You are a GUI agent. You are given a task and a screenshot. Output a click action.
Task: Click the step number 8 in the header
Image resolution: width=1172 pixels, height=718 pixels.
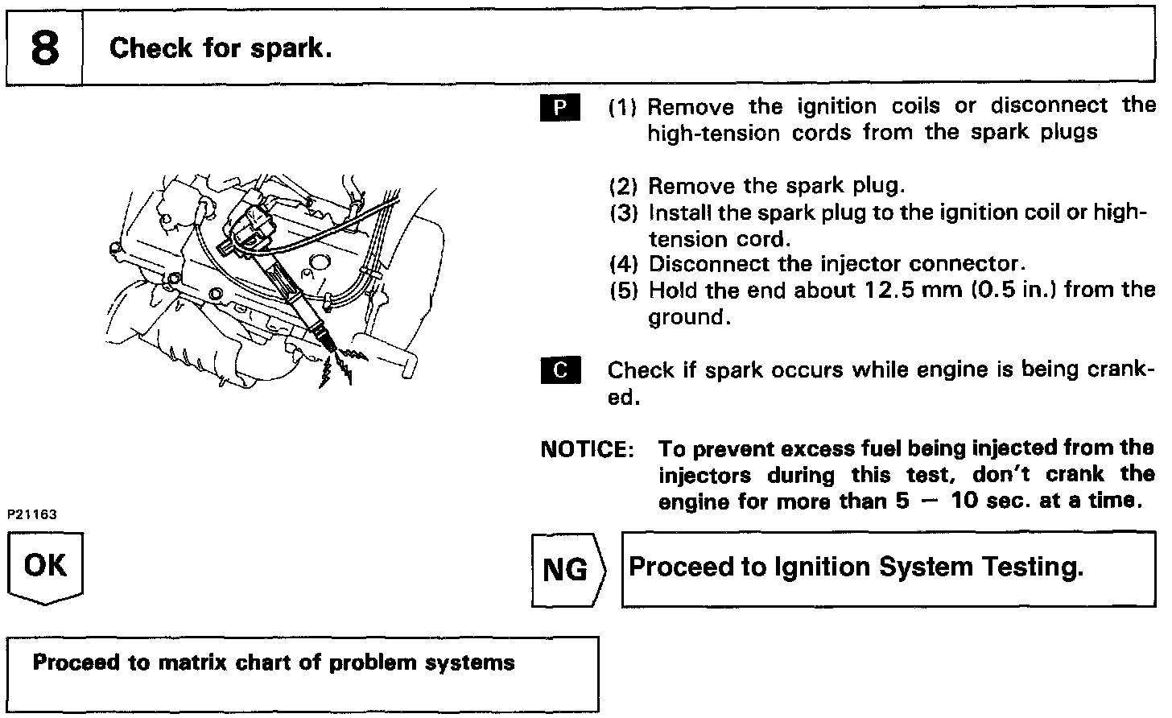[45, 48]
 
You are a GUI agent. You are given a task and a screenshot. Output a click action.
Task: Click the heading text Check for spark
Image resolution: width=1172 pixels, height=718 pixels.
[220, 48]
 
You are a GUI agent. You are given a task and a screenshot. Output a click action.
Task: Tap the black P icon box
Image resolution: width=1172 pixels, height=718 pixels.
[561, 108]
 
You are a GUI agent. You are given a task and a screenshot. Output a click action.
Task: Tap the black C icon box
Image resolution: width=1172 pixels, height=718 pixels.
[561, 371]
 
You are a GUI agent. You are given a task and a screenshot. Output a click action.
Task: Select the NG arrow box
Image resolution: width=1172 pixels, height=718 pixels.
[566, 570]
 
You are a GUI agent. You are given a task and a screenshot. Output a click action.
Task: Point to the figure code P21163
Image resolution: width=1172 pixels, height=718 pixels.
[33, 514]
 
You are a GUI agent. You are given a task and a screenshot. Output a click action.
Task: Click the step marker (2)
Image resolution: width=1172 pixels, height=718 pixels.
[624, 187]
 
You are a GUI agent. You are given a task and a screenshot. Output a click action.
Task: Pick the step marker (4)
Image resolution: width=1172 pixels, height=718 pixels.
[624, 264]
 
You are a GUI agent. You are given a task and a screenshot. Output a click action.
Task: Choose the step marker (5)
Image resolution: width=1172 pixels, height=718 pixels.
[624, 291]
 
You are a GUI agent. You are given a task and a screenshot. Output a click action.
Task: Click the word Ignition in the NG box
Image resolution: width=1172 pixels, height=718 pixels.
[822, 567]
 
